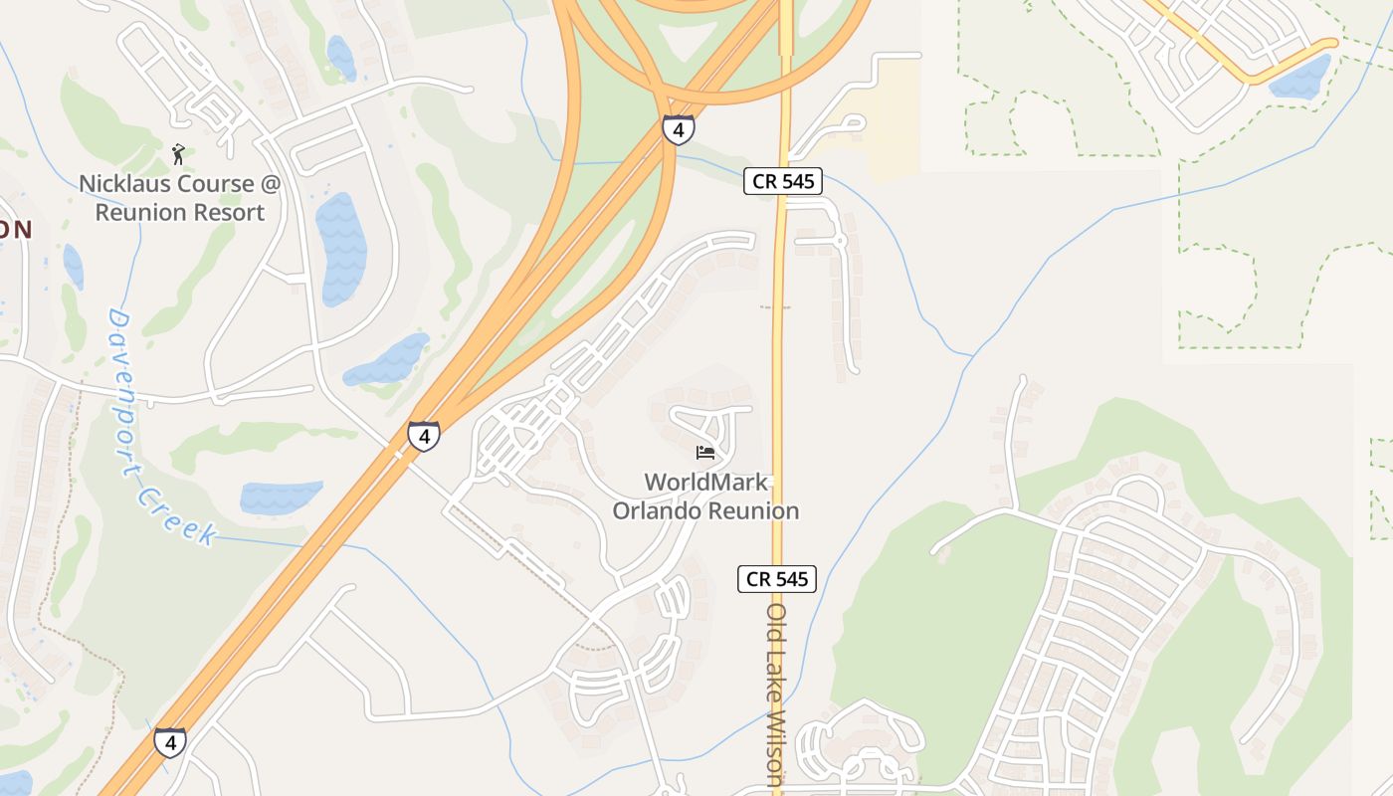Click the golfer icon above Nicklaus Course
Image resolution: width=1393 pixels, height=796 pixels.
(179, 154)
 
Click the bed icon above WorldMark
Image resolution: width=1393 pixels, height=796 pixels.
(705, 453)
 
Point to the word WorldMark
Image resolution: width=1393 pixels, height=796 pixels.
(705, 483)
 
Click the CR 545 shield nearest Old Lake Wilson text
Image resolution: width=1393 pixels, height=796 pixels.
(777, 578)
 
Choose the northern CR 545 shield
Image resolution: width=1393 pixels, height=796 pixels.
(782, 181)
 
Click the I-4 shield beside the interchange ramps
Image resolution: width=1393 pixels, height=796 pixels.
(678, 129)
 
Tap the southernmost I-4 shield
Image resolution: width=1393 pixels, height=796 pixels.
(170, 742)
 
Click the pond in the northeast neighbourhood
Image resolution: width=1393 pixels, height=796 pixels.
(1300, 77)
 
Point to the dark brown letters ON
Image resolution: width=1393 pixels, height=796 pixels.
(16, 230)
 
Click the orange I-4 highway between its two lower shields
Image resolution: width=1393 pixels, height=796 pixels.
(298, 587)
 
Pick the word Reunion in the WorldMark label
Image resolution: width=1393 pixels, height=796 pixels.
(754, 511)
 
